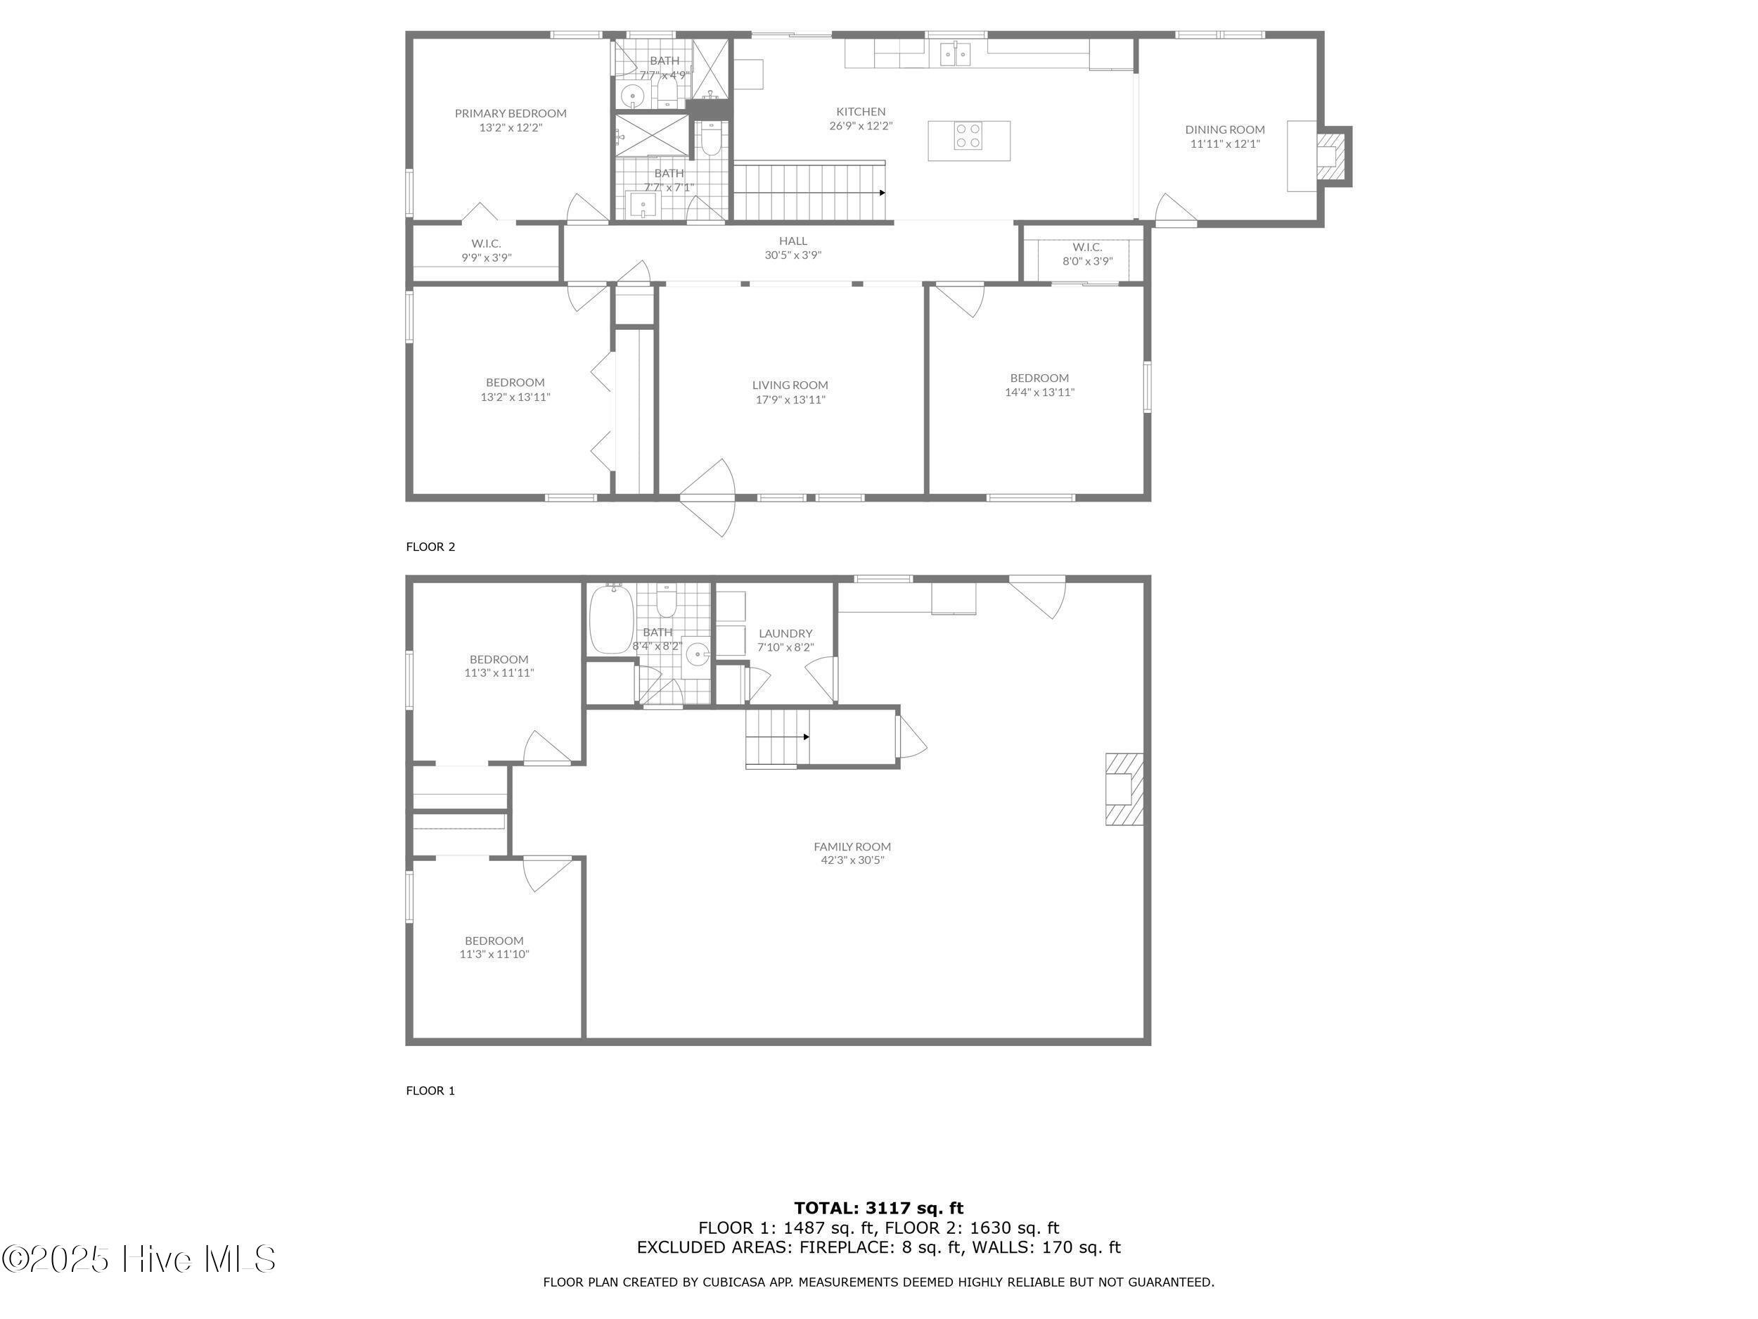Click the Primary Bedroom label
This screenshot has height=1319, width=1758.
pyautogui.click(x=511, y=120)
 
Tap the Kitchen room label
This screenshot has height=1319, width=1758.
pyautogui.click(x=861, y=118)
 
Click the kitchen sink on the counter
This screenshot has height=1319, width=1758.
pyautogui.click(x=955, y=54)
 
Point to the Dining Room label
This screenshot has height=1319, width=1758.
pyautogui.click(x=1225, y=136)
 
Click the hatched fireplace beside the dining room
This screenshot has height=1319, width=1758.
pyautogui.click(x=1333, y=158)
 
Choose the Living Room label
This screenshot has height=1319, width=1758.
pyautogui.click(x=790, y=392)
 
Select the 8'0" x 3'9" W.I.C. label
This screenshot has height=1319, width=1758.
pyautogui.click(x=1087, y=255)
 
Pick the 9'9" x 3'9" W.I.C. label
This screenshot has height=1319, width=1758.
pyautogui.click(x=487, y=250)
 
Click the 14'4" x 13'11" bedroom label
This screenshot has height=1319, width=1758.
pyautogui.click(x=1039, y=385)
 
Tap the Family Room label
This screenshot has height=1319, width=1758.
pyautogui.click(x=852, y=853)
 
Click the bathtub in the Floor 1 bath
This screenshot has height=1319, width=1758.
pyautogui.click(x=611, y=619)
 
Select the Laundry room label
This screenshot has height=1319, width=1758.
pyautogui.click(x=785, y=640)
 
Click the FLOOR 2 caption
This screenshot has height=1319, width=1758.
pyautogui.click(x=431, y=547)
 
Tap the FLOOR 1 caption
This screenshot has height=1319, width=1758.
pyautogui.click(x=431, y=1091)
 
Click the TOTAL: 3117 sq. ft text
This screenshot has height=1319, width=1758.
pyautogui.click(x=878, y=1209)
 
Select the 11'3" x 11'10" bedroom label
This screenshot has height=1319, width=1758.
pyautogui.click(x=494, y=947)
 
